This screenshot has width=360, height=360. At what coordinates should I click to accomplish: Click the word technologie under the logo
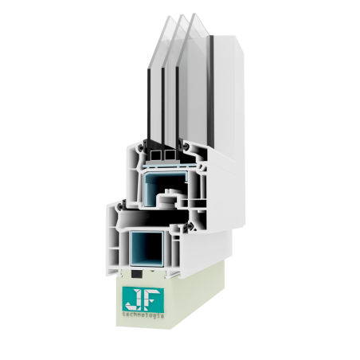click(143, 315)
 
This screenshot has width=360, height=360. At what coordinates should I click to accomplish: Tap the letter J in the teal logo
click(133, 299)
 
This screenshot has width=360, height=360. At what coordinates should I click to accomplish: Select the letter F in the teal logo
click(152, 299)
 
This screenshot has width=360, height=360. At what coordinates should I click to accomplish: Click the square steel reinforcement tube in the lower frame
click(147, 248)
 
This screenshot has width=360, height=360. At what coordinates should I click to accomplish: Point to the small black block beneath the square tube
click(136, 274)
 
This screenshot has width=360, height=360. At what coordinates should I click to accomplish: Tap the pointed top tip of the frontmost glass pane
click(194, 14)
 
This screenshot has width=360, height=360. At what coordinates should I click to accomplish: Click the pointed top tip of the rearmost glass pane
click(169, 17)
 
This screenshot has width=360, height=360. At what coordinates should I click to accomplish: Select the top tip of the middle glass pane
click(182, 15)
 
